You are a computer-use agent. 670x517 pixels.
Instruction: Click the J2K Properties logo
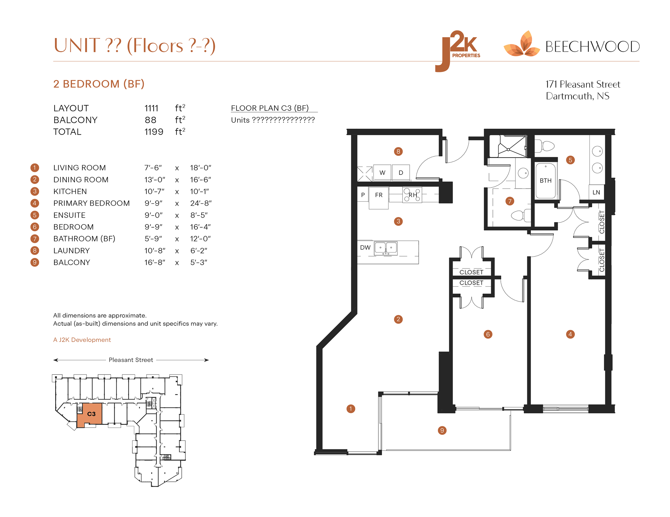point(458,51)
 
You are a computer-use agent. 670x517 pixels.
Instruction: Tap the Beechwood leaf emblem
point(522,45)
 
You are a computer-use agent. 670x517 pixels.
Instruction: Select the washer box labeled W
point(382,172)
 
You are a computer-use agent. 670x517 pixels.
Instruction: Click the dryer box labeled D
point(401,172)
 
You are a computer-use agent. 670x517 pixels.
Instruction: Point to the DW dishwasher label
point(365,247)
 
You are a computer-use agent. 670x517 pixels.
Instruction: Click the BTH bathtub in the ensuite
point(545,180)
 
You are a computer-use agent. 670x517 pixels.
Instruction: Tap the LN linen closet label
point(596,192)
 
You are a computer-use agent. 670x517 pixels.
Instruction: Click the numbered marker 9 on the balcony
point(442,430)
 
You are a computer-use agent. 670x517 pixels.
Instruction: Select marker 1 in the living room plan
point(351,409)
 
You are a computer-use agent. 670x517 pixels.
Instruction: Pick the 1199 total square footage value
point(154,132)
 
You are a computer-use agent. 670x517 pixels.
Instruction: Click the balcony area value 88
point(150,120)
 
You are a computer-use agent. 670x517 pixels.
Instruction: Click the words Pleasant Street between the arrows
point(131,360)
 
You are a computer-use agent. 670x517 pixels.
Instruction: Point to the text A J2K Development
point(82,339)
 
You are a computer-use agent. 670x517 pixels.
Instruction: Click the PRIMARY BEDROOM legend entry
point(91,203)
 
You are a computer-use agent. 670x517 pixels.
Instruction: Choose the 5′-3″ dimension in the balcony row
point(199,262)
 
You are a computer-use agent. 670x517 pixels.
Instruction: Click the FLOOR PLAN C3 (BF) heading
point(270,108)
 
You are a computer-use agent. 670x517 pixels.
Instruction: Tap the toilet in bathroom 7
point(519,215)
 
